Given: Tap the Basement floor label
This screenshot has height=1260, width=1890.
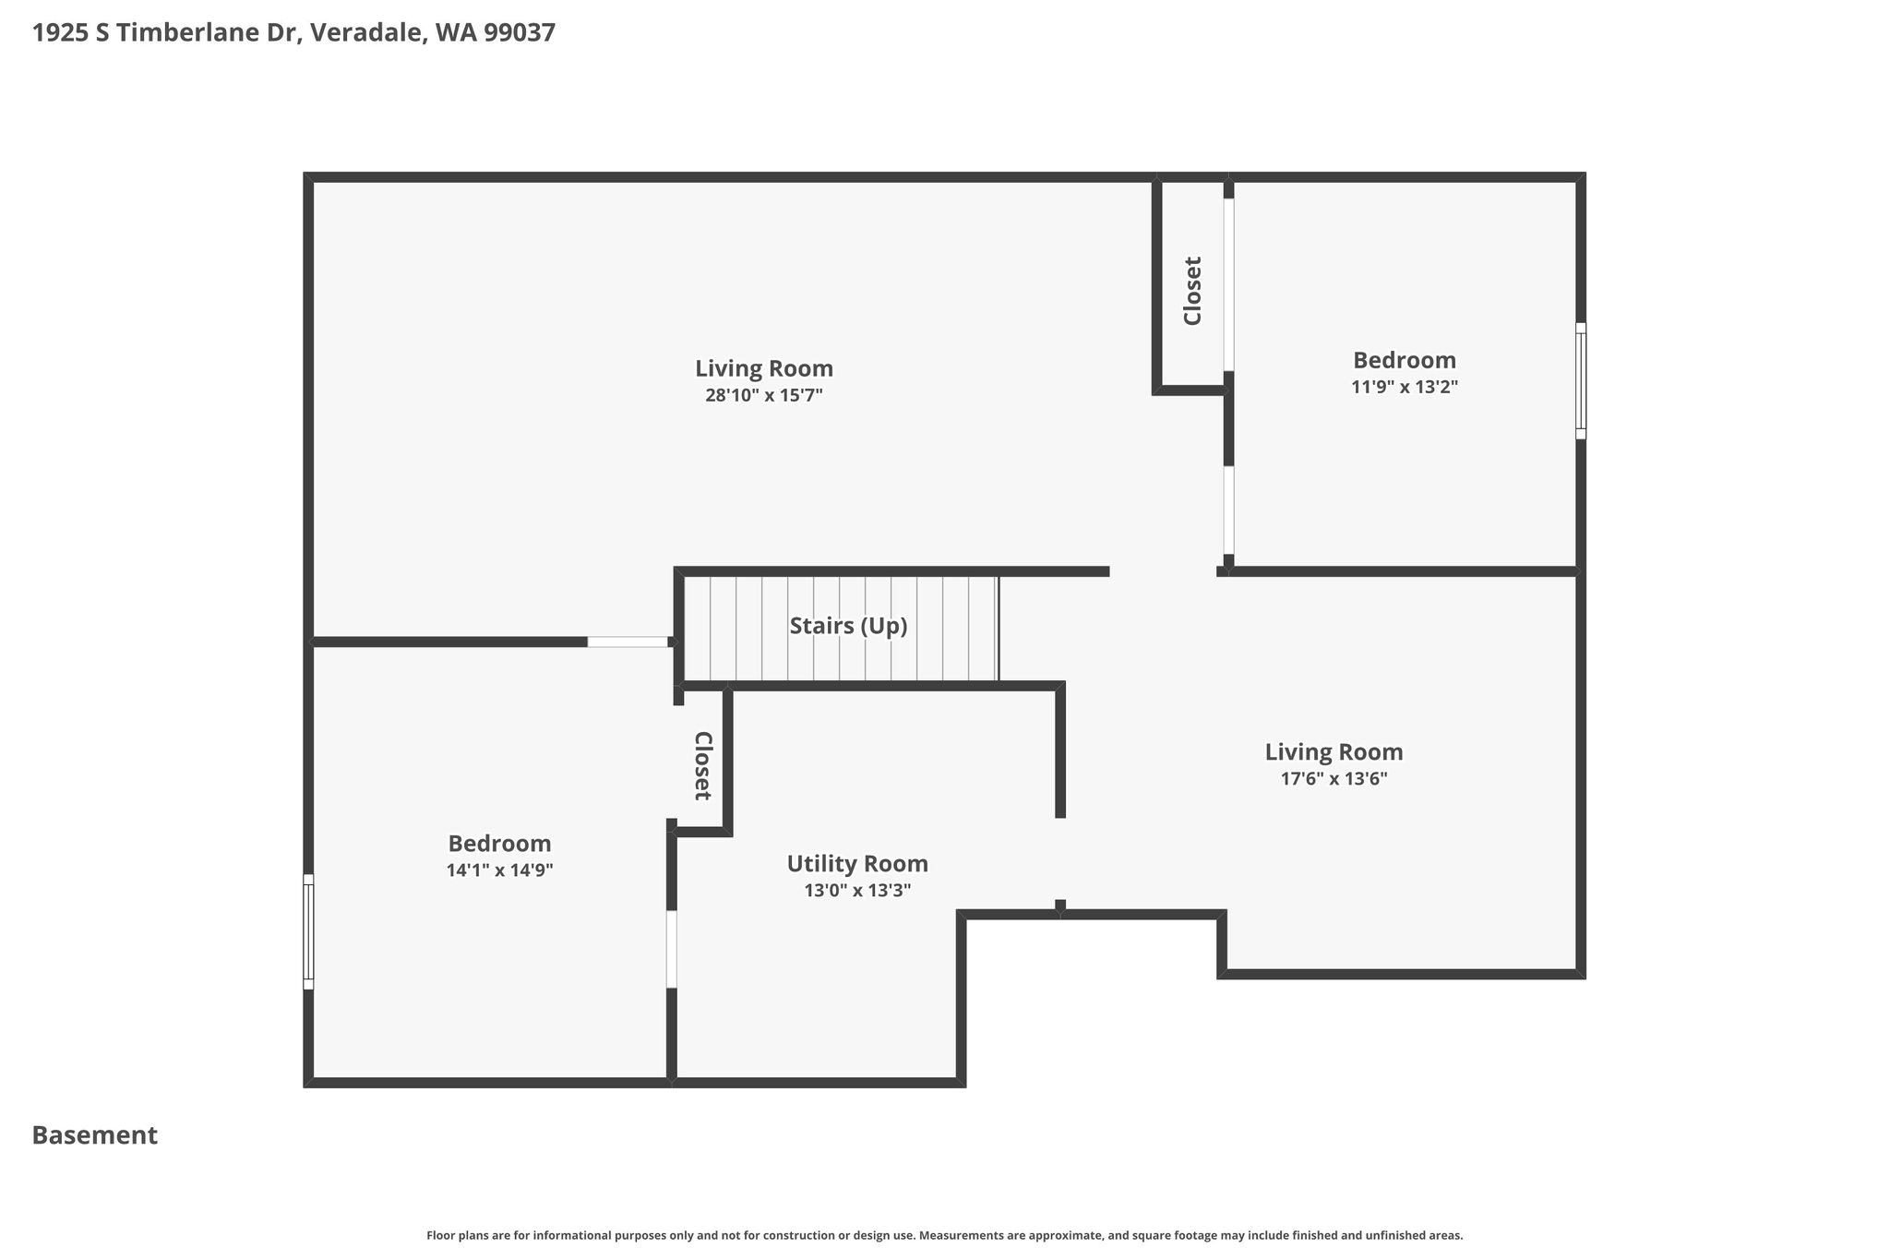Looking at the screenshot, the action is click(95, 1135).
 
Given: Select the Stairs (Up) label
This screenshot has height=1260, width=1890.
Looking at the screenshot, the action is click(848, 627).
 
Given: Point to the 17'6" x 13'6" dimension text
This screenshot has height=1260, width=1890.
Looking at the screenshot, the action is click(1334, 779).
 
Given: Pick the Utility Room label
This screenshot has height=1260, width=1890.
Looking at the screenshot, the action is click(857, 865).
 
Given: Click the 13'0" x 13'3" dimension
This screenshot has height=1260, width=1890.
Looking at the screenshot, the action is click(857, 891).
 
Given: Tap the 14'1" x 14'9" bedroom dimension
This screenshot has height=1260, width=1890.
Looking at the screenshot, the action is click(499, 870).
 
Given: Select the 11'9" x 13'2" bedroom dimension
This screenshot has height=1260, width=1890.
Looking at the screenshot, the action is click(1405, 387).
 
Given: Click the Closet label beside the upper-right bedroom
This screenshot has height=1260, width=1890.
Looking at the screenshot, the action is click(1193, 291).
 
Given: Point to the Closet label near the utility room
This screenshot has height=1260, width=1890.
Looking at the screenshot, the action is click(702, 765).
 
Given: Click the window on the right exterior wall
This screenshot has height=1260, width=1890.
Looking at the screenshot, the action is click(1581, 380).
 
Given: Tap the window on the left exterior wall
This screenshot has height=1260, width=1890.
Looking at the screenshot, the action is click(308, 931).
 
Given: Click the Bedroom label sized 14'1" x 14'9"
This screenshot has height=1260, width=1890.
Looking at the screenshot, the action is click(499, 844).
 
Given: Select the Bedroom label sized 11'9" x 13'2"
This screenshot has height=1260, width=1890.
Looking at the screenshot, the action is click(1405, 360).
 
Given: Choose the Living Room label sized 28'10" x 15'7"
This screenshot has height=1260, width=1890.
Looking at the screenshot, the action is click(764, 369).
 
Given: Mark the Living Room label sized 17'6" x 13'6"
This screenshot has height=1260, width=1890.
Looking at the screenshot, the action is click(1334, 752).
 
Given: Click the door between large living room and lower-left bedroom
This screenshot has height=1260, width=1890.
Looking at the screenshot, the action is click(628, 642).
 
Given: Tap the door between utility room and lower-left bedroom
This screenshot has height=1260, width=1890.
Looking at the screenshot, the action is click(672, 949).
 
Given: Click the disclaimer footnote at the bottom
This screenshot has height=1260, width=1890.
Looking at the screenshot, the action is click(945, 1235).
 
